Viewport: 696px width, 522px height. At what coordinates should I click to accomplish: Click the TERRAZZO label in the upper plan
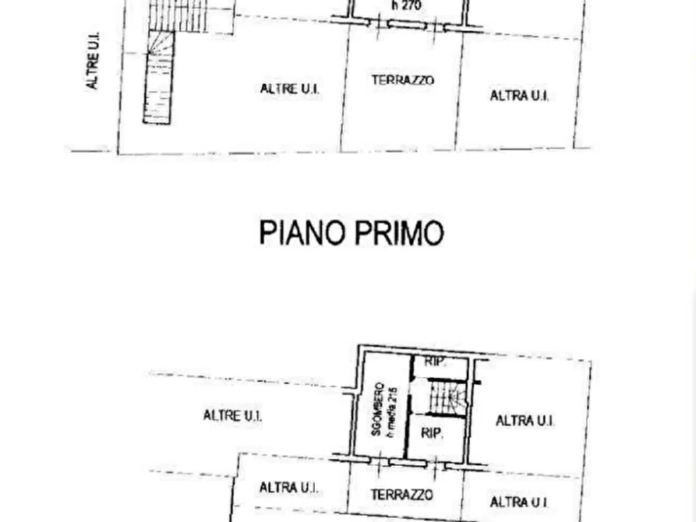(402, 79)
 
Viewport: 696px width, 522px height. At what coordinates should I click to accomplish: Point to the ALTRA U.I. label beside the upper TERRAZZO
(519, 96)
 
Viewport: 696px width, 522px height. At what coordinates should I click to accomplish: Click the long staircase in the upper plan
(159, 78)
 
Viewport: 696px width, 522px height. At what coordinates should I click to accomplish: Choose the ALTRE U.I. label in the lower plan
(233, 415)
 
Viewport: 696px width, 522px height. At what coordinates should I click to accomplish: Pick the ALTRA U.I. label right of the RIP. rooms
(525, 421)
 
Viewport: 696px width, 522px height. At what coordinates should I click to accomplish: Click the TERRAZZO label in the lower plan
(401, 495)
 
